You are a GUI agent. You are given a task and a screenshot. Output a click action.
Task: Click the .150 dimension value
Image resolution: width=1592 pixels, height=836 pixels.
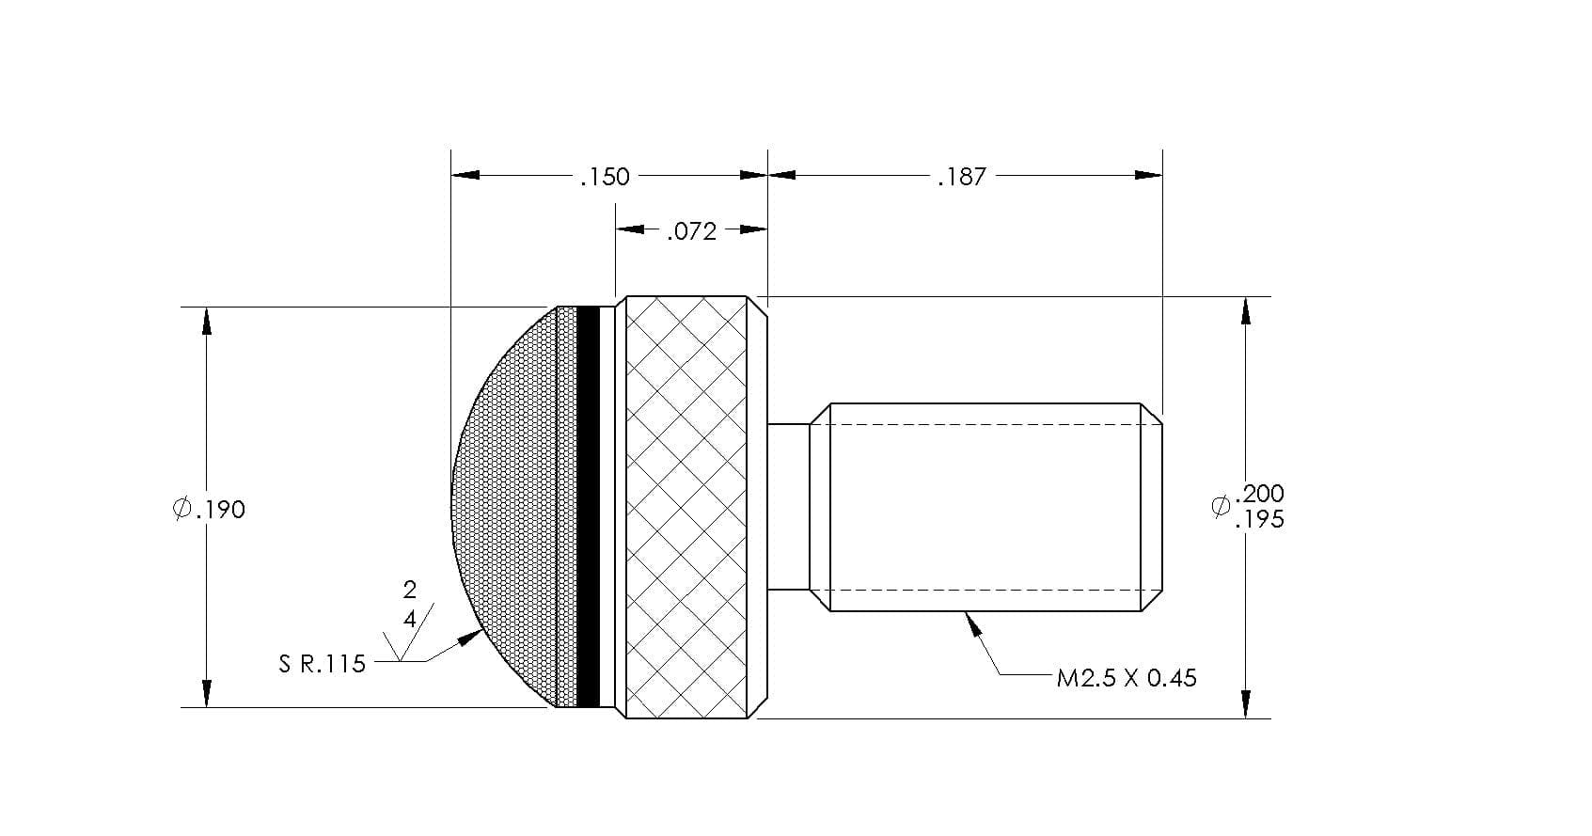605,176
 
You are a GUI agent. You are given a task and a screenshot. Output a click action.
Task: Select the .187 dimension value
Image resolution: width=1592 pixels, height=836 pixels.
962,176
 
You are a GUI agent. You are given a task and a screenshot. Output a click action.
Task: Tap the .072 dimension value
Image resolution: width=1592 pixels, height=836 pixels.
691,231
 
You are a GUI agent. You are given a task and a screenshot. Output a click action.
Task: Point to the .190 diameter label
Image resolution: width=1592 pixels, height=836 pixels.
210,509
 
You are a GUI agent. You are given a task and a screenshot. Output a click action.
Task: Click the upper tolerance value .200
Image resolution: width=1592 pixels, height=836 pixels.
1259,494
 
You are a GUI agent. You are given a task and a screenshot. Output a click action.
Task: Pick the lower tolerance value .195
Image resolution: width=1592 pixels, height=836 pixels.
1259,520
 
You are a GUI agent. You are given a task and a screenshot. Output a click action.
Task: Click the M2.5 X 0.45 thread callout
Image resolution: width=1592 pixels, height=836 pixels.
1127,678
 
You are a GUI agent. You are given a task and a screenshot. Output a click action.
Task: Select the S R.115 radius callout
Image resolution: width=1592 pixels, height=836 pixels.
322,664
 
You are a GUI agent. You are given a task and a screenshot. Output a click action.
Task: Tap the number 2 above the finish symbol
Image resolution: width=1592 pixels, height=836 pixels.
409,590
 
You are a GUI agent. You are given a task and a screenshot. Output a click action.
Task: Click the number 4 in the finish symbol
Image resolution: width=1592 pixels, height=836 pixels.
409,619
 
